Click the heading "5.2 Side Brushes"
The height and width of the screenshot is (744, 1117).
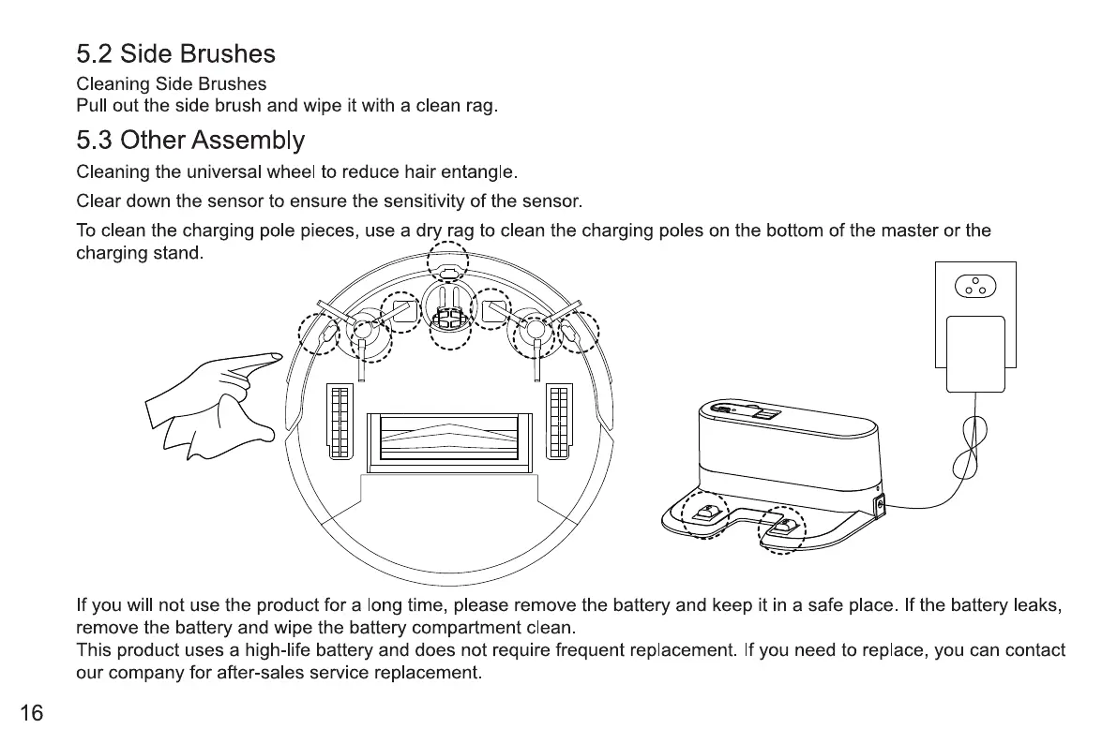pyautogui.click(x=175, y=54)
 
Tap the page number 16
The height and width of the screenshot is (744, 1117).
pyautogui.click(x=31, y=714)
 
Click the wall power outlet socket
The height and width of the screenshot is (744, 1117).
pyautogui.click(x=975, y=285)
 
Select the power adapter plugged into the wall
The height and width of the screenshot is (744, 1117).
pyautogui.click(x=975, y=354)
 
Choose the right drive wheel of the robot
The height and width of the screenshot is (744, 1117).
pyautogui.click(x=559, y=421)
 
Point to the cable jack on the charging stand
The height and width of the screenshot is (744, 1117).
pyautogui.click(x=879, y=507)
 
